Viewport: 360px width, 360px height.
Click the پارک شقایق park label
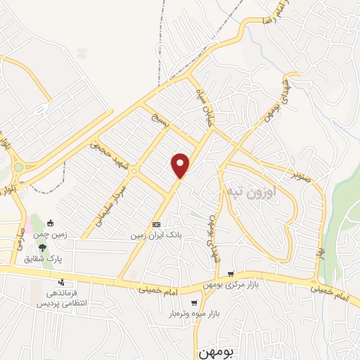coord(43,259)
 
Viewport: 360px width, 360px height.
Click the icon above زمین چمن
coord(50,224)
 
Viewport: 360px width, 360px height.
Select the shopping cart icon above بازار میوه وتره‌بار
coord(193,303)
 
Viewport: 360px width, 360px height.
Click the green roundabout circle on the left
coord(19,167)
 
